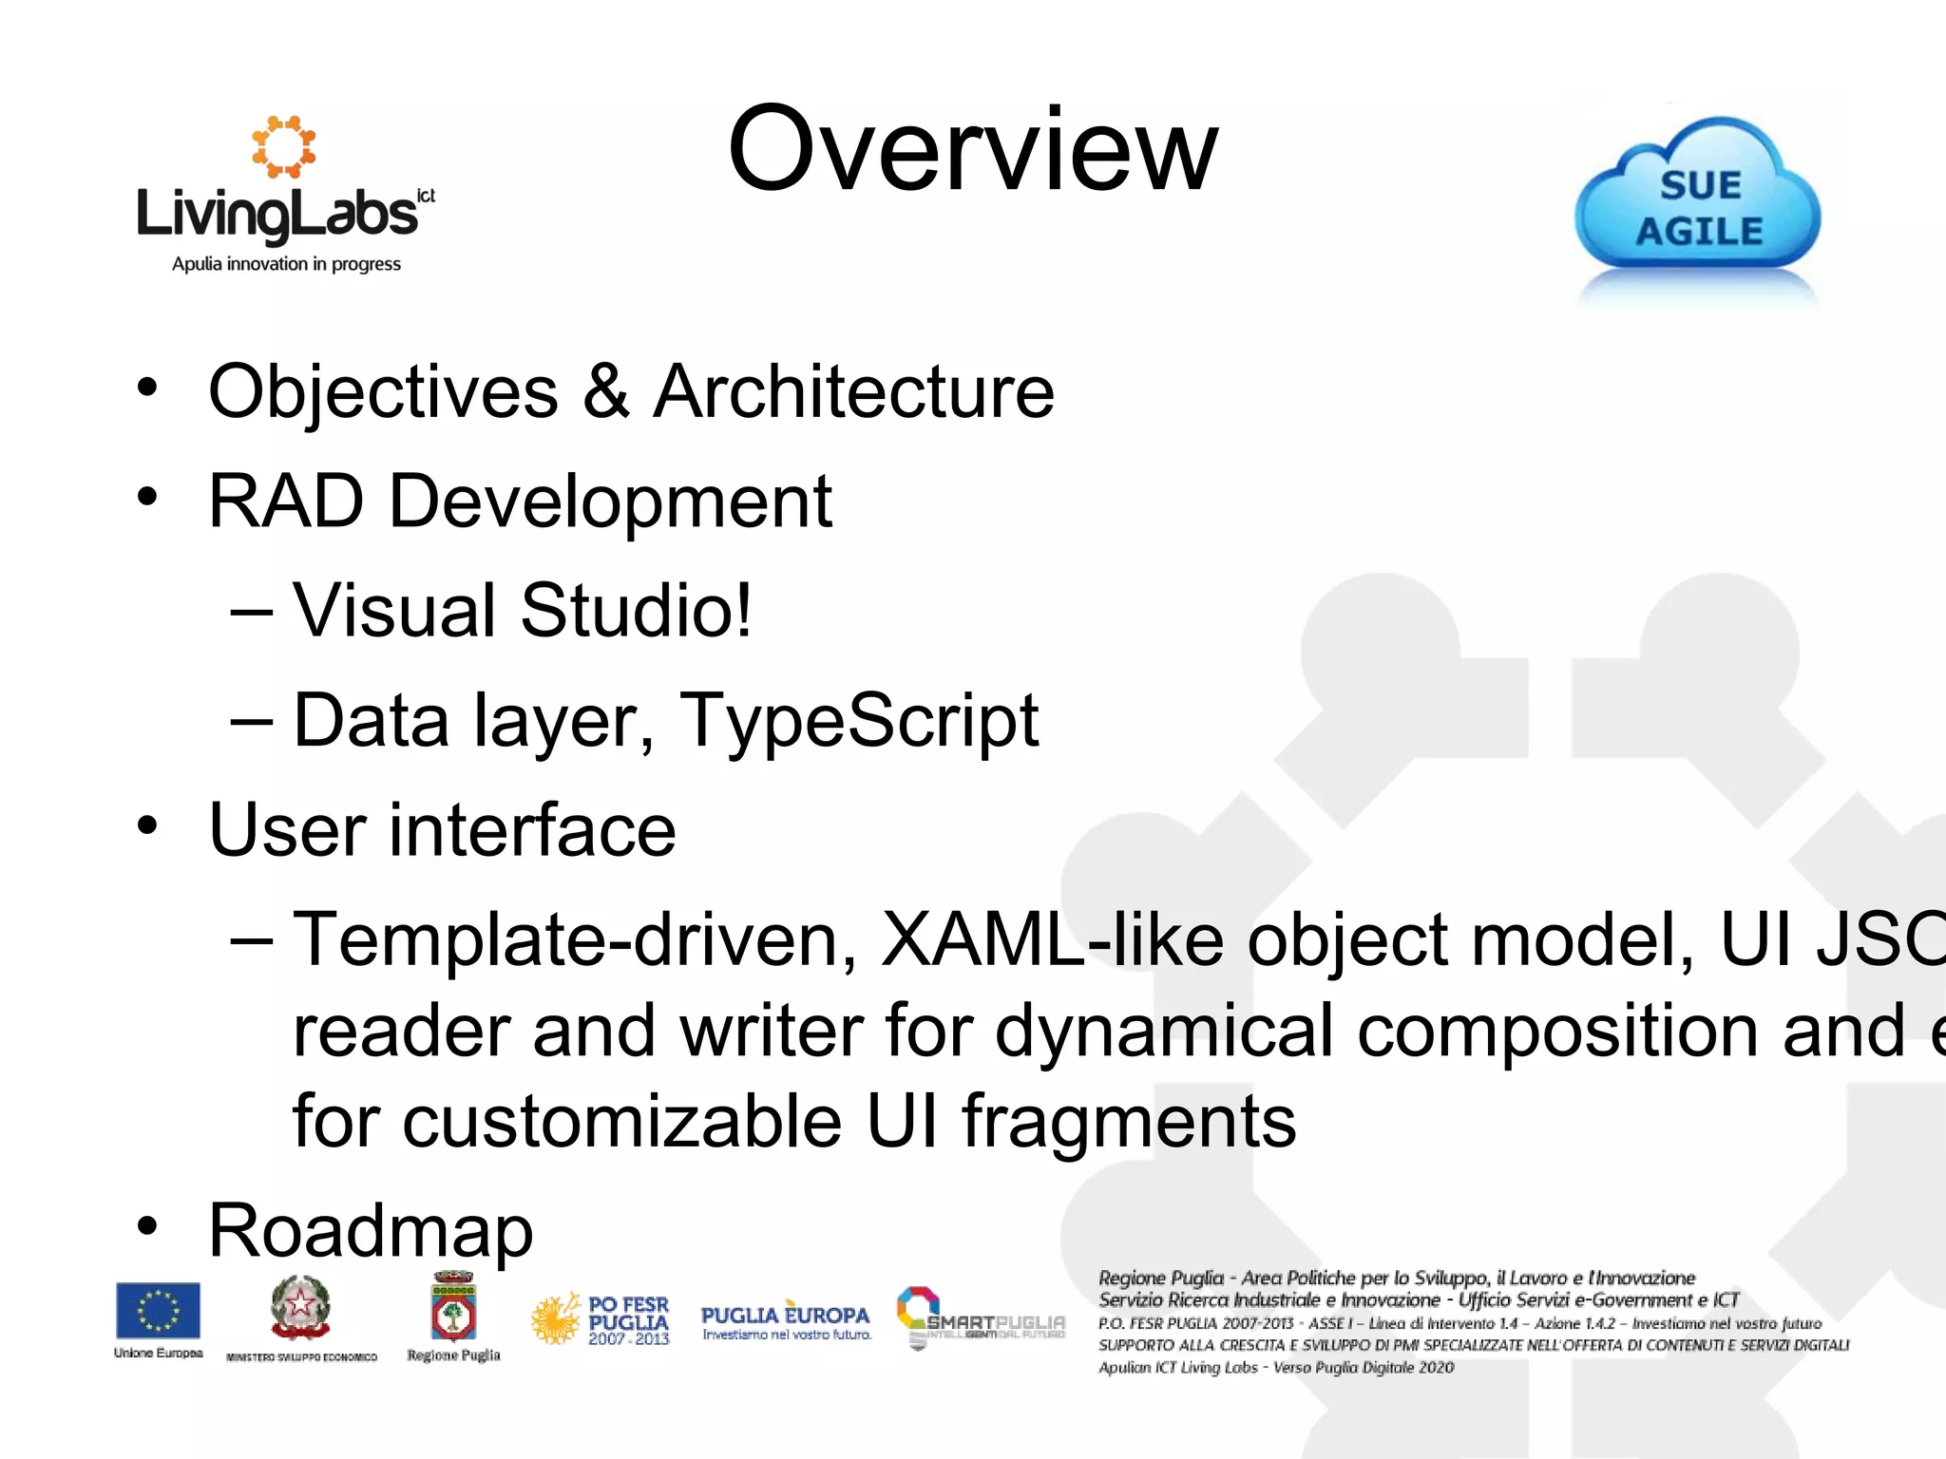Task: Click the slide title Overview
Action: pos(972,150)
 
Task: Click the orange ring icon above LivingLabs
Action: pos(283,146)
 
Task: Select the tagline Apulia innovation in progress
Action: pos(286,264)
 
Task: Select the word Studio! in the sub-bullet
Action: pos(636,611)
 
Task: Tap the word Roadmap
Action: pos(371,1231)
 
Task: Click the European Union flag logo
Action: pos(158,1311)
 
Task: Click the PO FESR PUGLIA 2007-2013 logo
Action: pos(601,1319)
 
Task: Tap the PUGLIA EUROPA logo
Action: pos(785,1319)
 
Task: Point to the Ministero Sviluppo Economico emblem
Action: pos(300,1309)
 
